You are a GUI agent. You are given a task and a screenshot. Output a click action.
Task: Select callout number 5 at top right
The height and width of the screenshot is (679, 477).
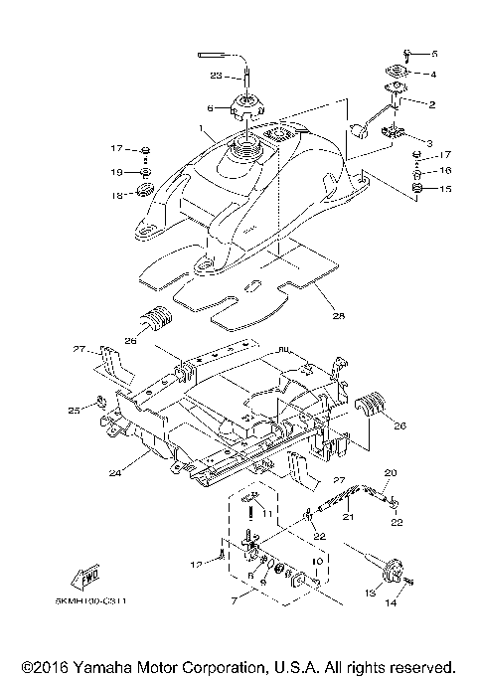(432, 53)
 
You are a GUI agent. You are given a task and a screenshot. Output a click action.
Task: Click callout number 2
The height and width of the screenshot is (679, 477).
(432, 104)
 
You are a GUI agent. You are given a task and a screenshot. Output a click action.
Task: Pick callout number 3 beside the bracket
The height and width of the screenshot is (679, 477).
(429, 143)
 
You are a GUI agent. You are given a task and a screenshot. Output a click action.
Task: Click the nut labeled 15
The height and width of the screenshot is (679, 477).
(418, 189)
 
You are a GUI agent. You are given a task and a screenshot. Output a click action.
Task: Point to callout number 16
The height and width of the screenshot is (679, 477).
(445, 171)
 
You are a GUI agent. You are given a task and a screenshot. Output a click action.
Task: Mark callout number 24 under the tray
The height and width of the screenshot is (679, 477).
(115, 474)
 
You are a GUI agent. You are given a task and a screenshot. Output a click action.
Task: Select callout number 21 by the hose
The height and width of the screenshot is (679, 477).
(349, 517)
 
